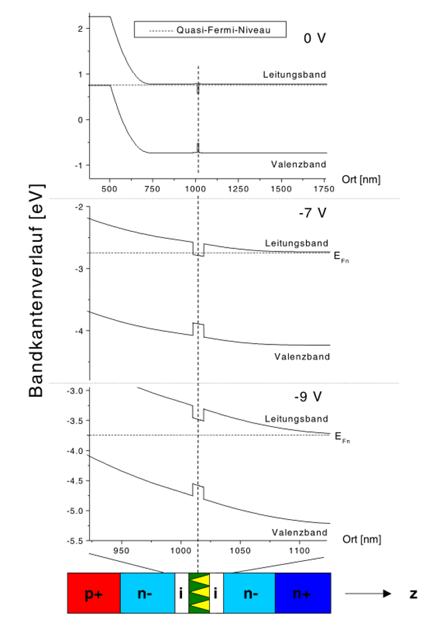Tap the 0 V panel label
[x=314, y=38]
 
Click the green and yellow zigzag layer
[x=199, y=593]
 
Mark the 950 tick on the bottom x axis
[x=122, y=550]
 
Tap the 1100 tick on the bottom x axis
[x=299, y=550]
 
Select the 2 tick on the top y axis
[x=79, y=29]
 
